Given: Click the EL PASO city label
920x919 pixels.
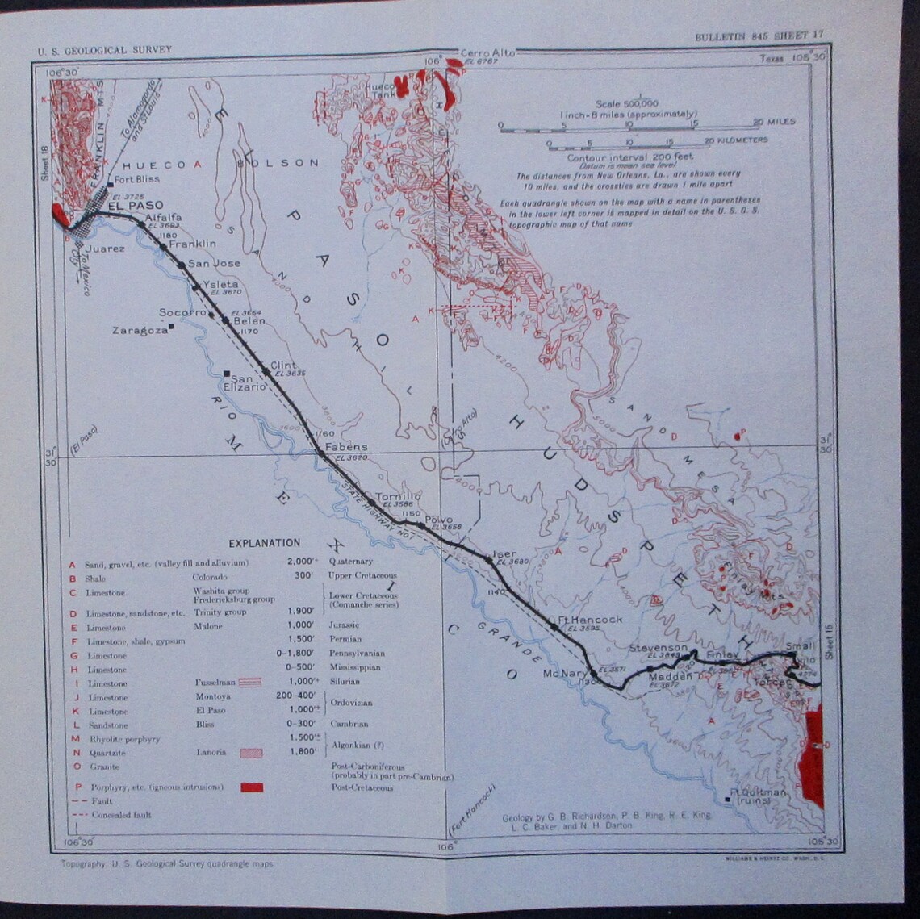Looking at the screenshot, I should tap(135, 206).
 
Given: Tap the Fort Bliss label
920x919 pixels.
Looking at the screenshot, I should tap(136, 179).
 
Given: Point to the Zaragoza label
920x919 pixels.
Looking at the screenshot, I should tap(140, 330).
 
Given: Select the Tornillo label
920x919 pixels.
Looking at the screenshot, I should tap(398, 496).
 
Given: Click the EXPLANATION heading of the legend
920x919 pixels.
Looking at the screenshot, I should tap(264, 543).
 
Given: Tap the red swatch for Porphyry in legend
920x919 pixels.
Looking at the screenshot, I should tap(252, 787).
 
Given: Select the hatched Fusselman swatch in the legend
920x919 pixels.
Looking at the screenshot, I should tap(252, 683).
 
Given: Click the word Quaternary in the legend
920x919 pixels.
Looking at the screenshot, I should tap(350, 562).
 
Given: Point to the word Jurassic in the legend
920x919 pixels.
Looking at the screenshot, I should tap(345, 625).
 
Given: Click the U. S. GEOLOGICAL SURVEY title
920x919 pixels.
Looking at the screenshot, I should tap(105, 50).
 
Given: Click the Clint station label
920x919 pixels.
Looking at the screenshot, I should tap(283, 365).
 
